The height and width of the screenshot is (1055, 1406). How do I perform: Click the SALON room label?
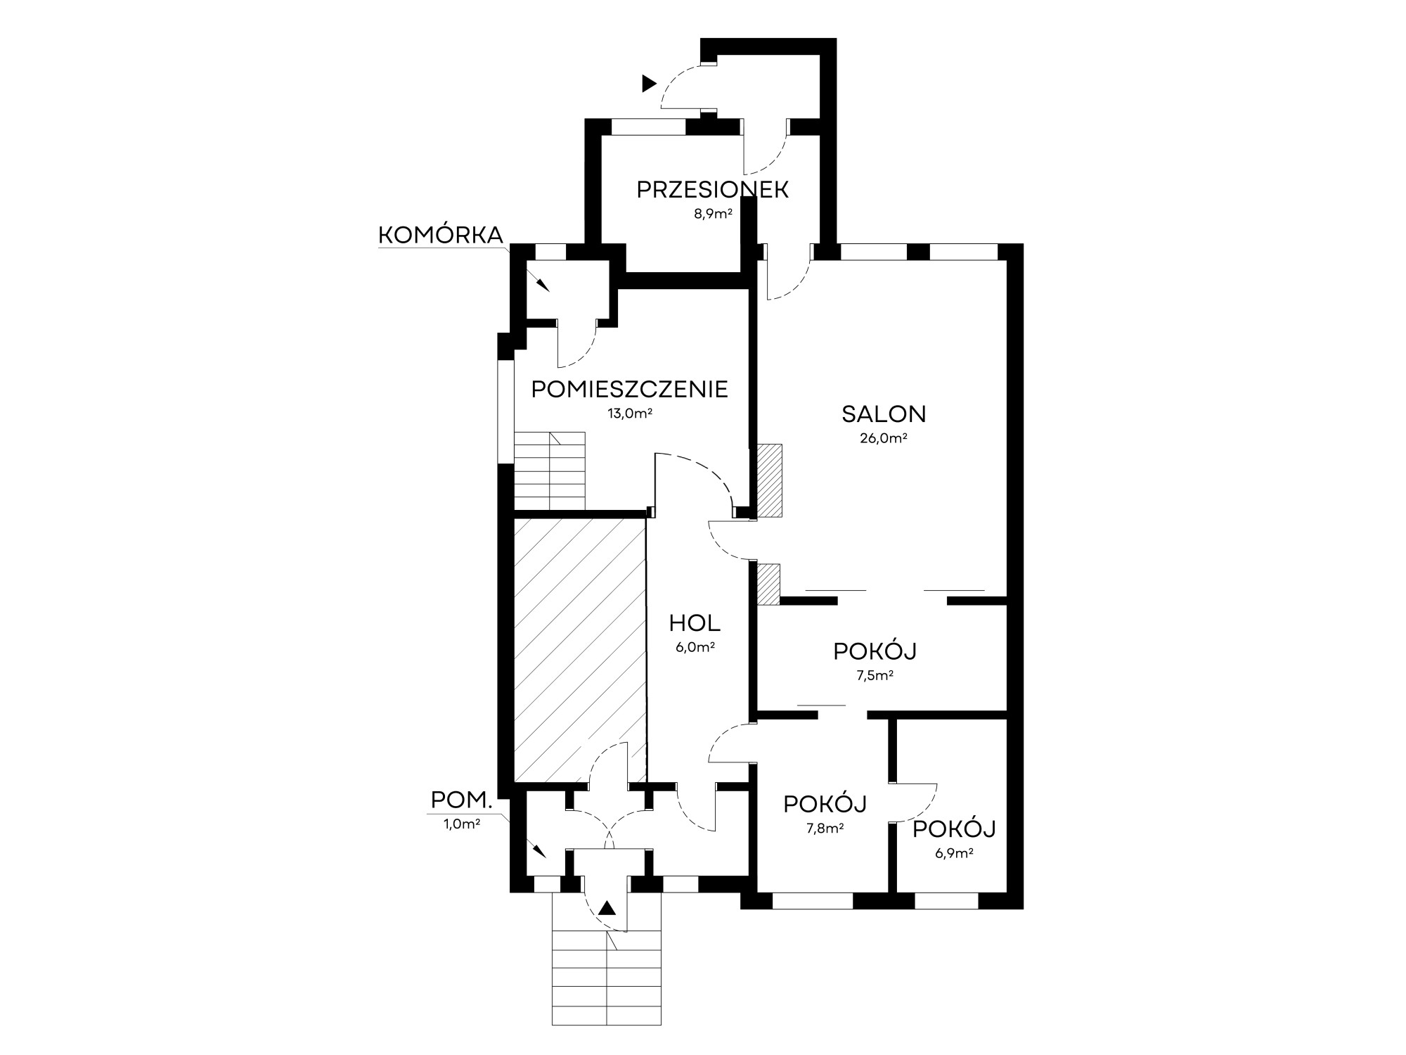click(x=884, y=414)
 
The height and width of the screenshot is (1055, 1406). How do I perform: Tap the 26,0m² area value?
click(x=884, y=438)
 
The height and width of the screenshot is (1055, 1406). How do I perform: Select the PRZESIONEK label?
click(x=712, y=190)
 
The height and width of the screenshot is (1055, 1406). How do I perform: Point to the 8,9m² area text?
click(x=713, y=214)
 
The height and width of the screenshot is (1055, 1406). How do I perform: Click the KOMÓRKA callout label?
click(x=441, y=236)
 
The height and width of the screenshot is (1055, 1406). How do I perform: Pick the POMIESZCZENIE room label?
click(x=629, y=389)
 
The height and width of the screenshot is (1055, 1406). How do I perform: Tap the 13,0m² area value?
click(x=630, y=414)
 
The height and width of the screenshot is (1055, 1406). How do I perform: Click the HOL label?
click(x=695, y=623)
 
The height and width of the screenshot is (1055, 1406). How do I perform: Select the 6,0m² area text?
click(x=695, y=648)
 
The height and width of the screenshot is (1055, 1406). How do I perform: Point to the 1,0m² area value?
click(x=462, y=824)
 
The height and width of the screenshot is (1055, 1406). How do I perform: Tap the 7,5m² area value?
click(x=875, y=676)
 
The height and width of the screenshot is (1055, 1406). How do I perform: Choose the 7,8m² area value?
click(x=825, y=828)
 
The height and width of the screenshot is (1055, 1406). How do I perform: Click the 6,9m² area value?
click(x=954, y=854)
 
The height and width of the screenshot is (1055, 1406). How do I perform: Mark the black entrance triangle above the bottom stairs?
click(x=607, y=908)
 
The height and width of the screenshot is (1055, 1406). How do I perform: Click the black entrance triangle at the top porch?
click(x=649, y=84)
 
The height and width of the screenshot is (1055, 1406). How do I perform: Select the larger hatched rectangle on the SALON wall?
click(x=770, y=481)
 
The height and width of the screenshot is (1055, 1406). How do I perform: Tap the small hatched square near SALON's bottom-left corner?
click(x=768, y=584)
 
